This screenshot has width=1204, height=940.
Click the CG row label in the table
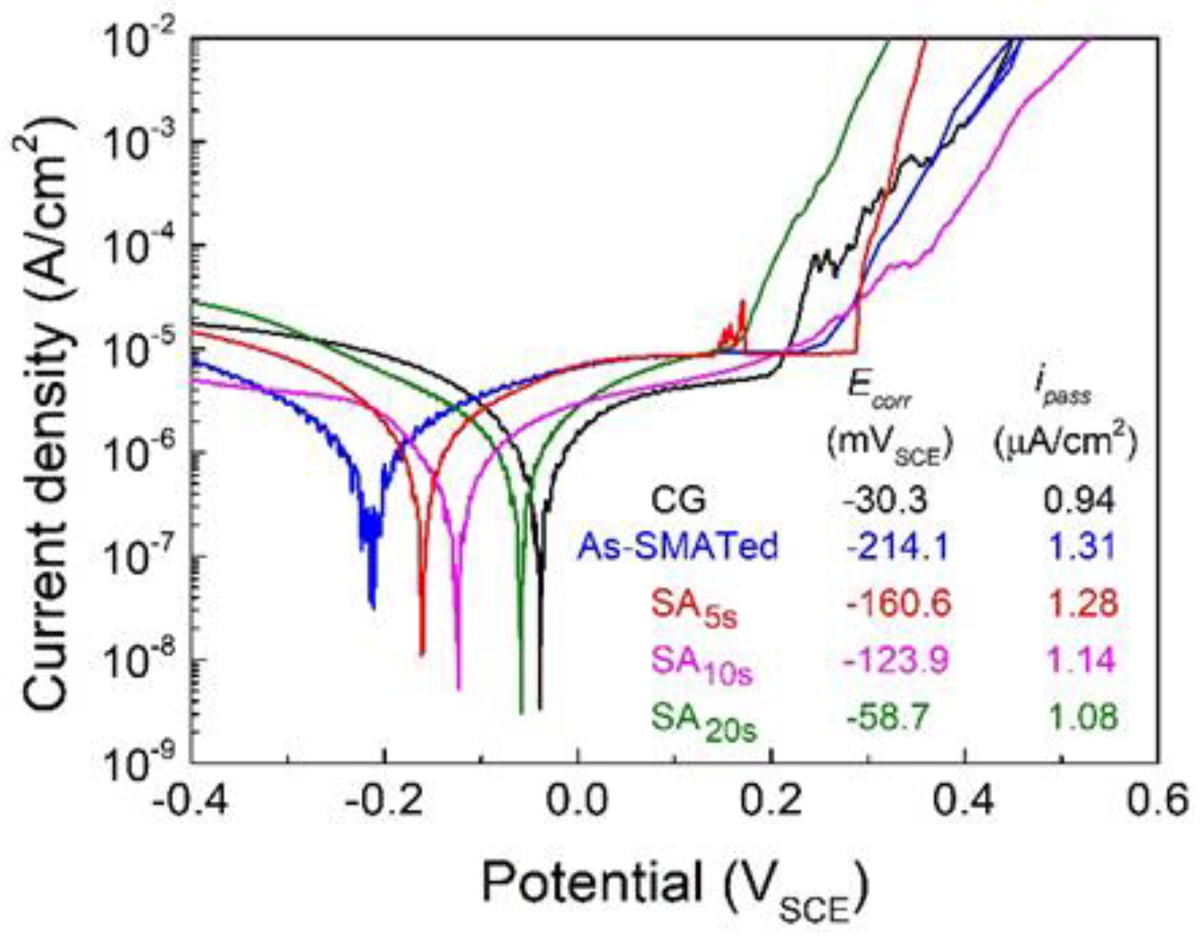click(678, 500)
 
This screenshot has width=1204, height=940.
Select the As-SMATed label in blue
click(678, 546)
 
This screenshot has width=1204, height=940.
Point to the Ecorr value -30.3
click(885, 500)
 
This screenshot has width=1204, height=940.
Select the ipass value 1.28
click(1081, 603)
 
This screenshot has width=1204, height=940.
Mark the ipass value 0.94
click(1079, 500)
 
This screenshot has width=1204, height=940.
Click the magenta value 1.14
click(1081, 660)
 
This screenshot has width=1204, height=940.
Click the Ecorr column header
click(879, 391)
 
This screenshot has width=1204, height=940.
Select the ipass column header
click(1062, 391)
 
